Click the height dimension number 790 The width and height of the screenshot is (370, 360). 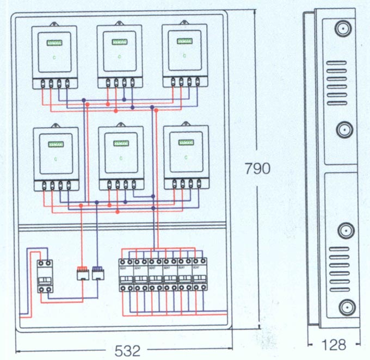pyautogui.click(x=257, y=169)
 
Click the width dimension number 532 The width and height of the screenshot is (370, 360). pyautogui.click(x=128, y=350)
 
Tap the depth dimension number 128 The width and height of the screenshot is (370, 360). pyautogui.click(x=333, y=345)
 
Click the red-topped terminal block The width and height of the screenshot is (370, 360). pyautogui.click(x=83, y=272)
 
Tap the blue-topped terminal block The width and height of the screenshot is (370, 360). pyautogui.click(x=98, y=272)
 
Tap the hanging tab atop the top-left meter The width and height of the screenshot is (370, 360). pyautogui.click(x=55, y=24)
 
